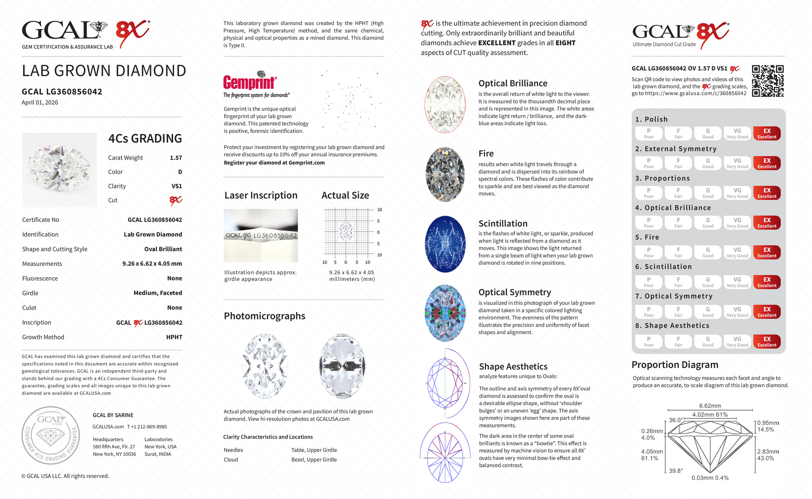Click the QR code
(x=768, y=81)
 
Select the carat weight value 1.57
(x=176, y=158)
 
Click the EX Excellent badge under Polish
(x=767, y=133)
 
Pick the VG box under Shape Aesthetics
(x=737, y=342)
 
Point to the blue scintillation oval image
(x=445, y=244)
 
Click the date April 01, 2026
(x=40, y=103)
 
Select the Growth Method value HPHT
(x=174, y=337)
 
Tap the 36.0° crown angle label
(x=676, y=420)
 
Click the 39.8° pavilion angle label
(x=676, y=471)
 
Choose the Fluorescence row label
(x=40, y=278)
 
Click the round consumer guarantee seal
(x=51, y=435)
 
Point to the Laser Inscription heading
(x=261, y=196)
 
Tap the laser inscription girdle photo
(x=261, y=236)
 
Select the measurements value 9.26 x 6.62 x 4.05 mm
(x=152, y=264)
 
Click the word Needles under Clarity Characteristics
(x=233, y=450)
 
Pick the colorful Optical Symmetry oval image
(x=445, y=313)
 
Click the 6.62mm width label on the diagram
(x=710, y=406)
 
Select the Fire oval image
(x=445, y=174)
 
